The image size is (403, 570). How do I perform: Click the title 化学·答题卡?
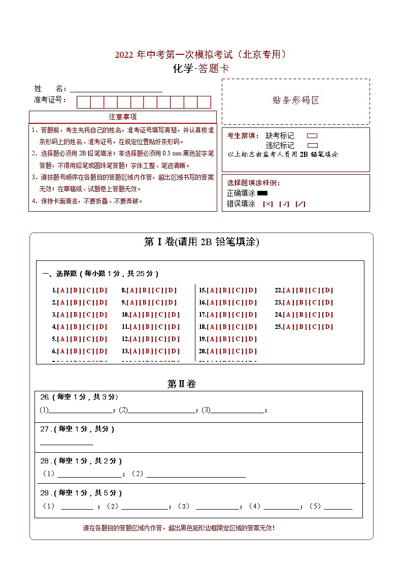pos(201,69)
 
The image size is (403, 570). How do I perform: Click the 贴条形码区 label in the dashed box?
pos(296,100)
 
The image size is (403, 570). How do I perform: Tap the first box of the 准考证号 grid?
pos(83,102)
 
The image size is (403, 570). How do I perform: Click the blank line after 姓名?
pos(116,89)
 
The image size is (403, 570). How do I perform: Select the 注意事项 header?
pos(123,117)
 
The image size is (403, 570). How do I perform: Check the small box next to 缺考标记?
pos(312,136)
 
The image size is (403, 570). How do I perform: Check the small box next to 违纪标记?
pos(312,145)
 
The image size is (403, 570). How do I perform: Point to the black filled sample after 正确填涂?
pos(262,193)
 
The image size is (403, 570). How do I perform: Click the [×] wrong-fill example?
pos(267,204)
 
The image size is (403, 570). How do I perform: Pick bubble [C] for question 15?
pos(238,290)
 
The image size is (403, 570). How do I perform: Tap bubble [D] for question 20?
pos(251,351)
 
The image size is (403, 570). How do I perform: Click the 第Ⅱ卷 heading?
pos(181,384)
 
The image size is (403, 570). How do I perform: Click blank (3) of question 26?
pos(237,410)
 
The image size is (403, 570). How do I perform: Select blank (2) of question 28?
pos(196,474)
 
